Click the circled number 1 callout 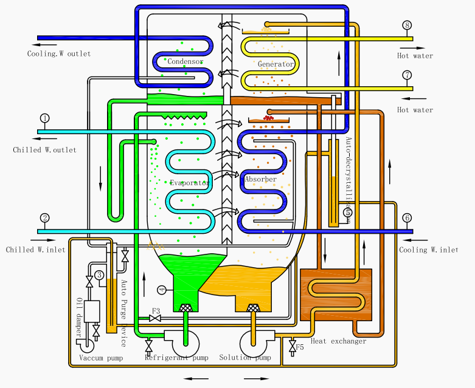click(44, 118)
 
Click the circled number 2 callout click(44, 217)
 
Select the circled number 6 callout click(407, 218)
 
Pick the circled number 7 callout click(407, 75)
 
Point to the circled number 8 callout click(407, 26)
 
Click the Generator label click(276, 64)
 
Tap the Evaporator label click(189, 183)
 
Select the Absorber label click(261, 179)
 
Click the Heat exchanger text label click(339, 341)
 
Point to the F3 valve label click(156, 311)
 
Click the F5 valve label click(299, 347)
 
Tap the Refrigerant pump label click(176, 358)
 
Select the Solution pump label click(245, 358)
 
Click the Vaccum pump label click(101, 358)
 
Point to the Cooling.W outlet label click(59, 54)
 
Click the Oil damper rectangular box click(92, 311)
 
